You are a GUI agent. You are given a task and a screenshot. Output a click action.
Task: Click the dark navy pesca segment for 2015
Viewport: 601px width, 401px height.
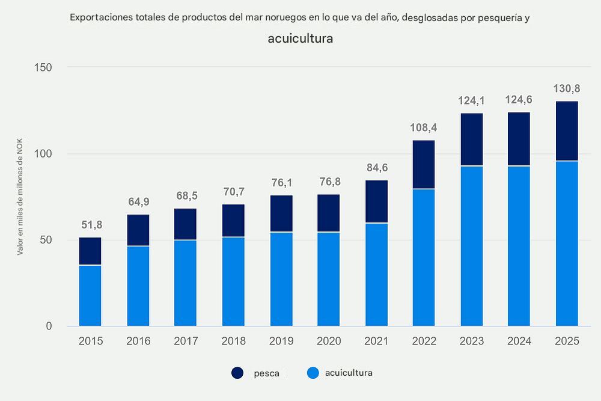pyautogui.click(x=90, y=251)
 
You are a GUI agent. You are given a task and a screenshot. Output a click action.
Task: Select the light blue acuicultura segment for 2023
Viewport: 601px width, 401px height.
pyautogui.click(x=472, y=246)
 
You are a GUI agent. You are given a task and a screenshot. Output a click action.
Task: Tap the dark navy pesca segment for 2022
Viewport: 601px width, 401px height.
pyautogui.click(x=424, y=165)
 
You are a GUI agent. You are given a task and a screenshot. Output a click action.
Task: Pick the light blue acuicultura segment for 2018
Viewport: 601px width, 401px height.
pyautogui.click(x=233, y=281)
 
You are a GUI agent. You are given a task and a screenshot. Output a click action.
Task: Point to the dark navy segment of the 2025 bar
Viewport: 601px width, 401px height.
pyautogui.click(x=567, y=131)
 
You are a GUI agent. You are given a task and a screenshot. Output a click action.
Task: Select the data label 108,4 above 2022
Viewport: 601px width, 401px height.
pyautogui.click(x=424, y=128)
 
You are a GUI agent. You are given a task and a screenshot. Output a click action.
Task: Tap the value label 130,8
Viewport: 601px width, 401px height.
pyautogui.click(x=567, y=89)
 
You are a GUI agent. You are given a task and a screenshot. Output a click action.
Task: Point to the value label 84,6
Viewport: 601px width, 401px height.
pyautogui.click(x=376, y=168)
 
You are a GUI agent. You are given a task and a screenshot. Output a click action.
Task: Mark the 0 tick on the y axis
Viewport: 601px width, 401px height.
pyautogui.click(x=49, y=326)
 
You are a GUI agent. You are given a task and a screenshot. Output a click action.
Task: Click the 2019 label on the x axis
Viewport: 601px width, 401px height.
pyautogui.click(x=281, y=341)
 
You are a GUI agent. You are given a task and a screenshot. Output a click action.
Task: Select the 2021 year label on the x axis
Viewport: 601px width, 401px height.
pyautogui.click(x=376, y=341)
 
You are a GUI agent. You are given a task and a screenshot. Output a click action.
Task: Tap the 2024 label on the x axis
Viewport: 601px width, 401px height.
pyautogui.click(x=519, y=341)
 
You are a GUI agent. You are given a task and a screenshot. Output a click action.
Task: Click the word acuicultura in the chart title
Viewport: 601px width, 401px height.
pyautogui.click(x=300, y=39)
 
